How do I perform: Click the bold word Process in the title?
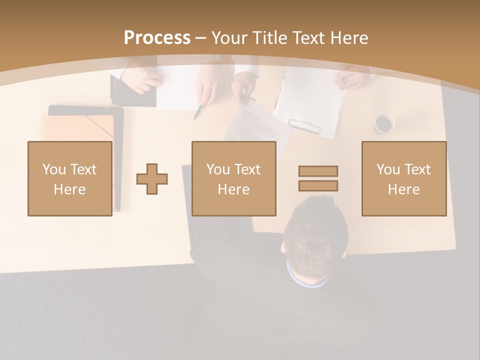tap(157, 38)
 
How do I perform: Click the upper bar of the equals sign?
tap(318, 171)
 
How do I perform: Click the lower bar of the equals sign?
tap(318, 185)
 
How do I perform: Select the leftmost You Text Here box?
tap(70, 179)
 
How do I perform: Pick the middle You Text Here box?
tap(234, 179)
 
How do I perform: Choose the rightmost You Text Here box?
tap(404, 179)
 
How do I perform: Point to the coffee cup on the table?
tap(384, 123)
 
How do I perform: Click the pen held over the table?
tap(199, 111)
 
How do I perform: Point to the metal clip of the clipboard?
tap(304, 126)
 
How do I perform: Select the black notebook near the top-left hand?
tap(132, 92)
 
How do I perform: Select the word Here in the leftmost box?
tap(70, 189)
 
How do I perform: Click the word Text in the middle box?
tap(247, 169)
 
